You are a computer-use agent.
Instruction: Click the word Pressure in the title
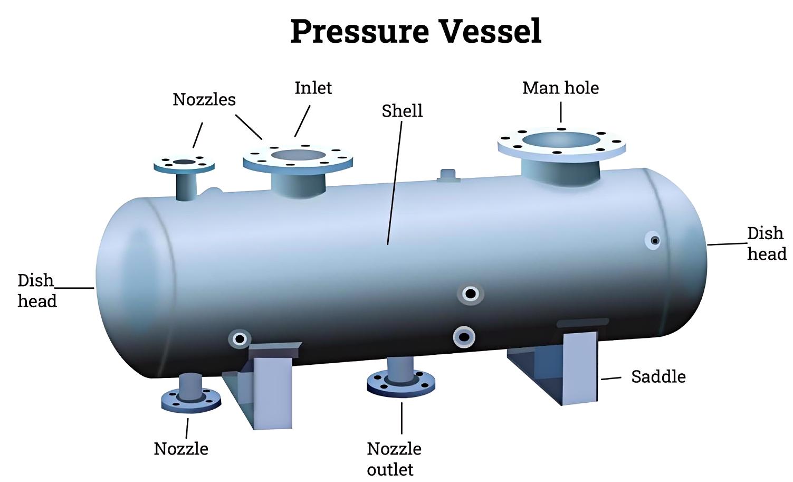click(x=360, y=32)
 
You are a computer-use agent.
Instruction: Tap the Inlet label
click(x=313, y=88)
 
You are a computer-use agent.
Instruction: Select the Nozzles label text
click(x=204, y=100)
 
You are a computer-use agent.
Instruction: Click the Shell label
click(x=402, y=111)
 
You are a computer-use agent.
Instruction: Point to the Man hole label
click(x=561, y=88)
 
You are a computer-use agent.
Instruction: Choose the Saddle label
click(x=658, y=376)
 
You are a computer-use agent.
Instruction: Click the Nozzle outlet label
click(x=394, y=459)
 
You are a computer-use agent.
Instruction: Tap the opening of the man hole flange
click(x=561, y=140)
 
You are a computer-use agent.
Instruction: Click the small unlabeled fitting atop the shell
click(x=448, y=176)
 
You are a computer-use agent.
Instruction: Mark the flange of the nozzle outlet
click(x=401, y=384)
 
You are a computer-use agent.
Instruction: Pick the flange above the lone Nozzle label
click(x=191, y=401)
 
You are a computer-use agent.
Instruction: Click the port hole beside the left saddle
click(x=240, y=339)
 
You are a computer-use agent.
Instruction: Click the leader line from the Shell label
click(x=395, y=183)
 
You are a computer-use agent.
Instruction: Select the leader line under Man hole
click(x=561, y=112)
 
